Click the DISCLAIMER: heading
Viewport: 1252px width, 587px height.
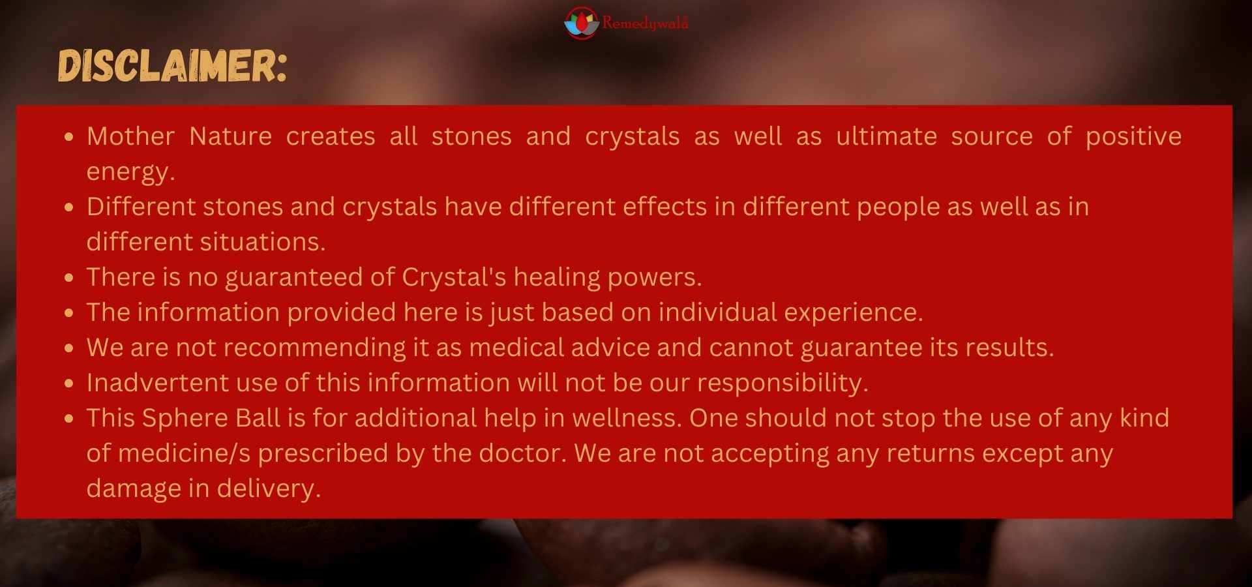(172, 66)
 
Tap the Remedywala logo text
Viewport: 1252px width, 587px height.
(645, 23)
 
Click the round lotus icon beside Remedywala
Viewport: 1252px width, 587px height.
(581, 23)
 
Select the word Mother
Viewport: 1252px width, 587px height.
(130, 136)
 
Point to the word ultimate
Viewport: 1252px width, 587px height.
(886, 136)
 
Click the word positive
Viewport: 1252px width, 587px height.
(1133, 137)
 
